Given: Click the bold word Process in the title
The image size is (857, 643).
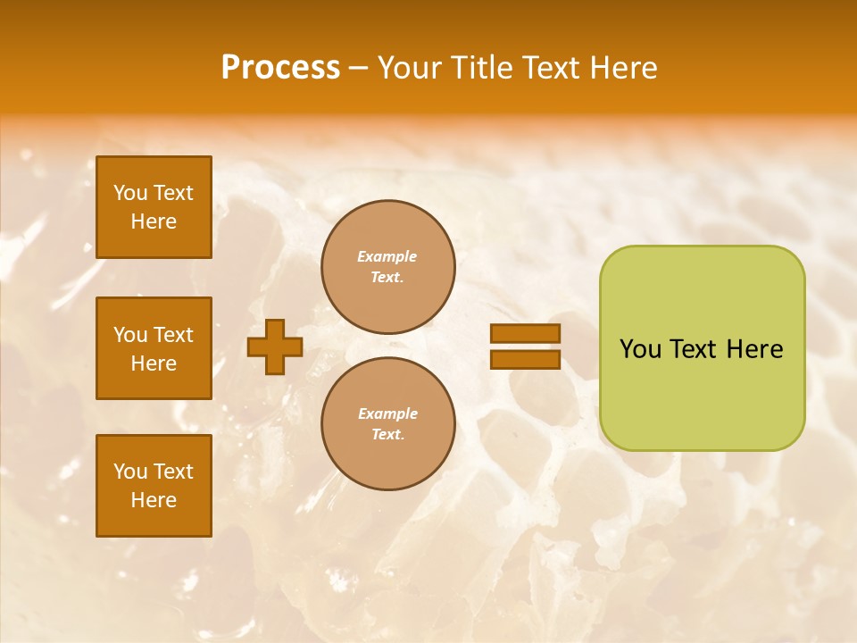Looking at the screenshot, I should click(280, 68).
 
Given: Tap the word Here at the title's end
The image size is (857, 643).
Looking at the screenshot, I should click(622, 68).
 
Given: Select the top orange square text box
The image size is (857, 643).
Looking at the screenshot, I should click(154, 207).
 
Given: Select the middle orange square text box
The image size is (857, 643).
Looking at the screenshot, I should click(154, 348).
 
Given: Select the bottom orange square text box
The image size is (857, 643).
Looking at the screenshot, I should click(154, 485).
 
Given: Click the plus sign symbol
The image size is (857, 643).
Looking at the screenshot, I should click(275, 347).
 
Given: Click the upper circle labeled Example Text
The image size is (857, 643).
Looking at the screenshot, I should click(387, 267).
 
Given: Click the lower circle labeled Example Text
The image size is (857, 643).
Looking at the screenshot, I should click(387, 424).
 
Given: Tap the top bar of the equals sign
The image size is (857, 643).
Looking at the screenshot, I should click(525, 334).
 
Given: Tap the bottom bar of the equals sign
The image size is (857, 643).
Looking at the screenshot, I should click(525, 360).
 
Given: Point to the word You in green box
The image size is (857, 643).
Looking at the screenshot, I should click(639, 349).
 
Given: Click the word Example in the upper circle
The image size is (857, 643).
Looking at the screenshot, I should click(387, 256).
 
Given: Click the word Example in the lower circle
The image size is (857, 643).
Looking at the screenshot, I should click(387, 413).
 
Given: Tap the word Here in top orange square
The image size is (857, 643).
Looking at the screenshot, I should click(154, 221).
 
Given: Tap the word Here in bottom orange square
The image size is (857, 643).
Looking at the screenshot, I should click(154, 500).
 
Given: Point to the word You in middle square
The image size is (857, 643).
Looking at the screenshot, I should click(130, 335).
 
